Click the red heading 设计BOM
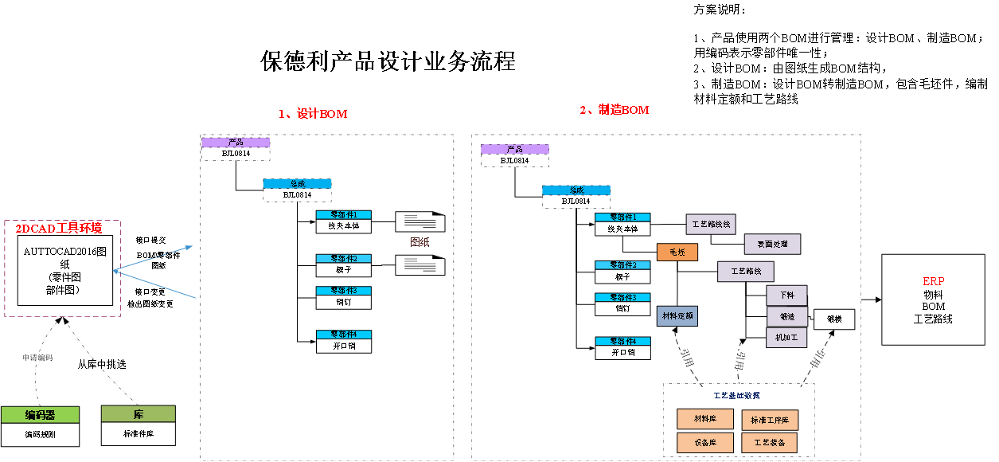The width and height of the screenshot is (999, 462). coord(313,114)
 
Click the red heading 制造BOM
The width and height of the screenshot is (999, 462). coord(614,110)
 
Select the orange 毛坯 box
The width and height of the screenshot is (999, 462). coord(677,253)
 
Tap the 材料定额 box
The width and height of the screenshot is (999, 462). coord(677,316)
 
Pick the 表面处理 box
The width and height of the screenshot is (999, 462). coord(772,244)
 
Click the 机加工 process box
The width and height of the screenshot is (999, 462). coord(786,338)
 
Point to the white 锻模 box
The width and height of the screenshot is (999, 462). coord(834,320)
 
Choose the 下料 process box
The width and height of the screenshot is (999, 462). coord(786,296)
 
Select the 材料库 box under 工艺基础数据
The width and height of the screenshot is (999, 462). coord(704,419)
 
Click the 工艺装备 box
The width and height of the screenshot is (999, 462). coord(770,443)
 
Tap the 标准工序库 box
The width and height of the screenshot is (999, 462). coord(770,420)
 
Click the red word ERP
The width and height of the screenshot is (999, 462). coord(933,282)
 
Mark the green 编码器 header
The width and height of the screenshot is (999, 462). coord(40,415)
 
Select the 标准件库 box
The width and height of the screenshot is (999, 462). coord(139,434)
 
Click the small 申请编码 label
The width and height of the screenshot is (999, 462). coord(37,358)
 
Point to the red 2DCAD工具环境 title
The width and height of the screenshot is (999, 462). coord(59,229)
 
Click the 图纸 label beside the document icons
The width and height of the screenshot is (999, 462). coord(420,241)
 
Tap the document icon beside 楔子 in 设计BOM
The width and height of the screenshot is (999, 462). coord(420,265)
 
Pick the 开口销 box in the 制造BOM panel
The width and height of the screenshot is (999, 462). coord(622,352)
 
